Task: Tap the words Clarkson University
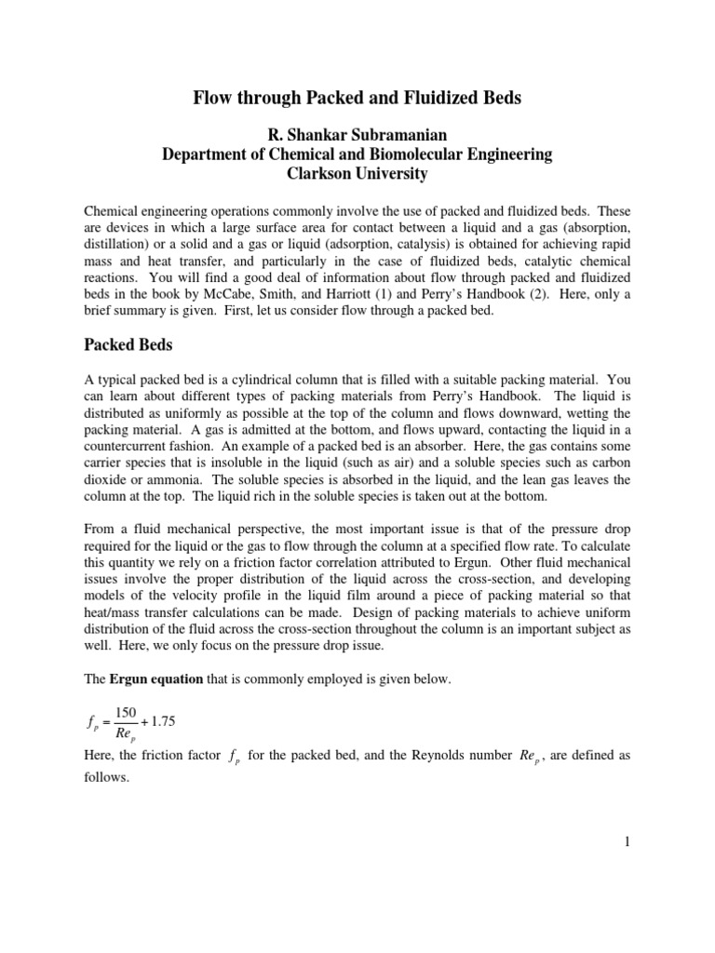point(357,173)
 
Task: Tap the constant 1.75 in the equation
point(170,722)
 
